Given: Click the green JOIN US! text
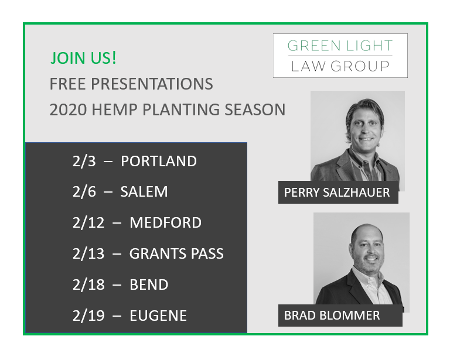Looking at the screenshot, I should [83, 58].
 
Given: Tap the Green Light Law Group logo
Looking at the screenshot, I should [340, 56].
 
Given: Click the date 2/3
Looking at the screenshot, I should [83, 161].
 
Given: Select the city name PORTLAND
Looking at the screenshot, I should [159, 161].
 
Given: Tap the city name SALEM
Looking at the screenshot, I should [144, 191].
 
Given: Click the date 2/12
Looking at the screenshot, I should [86, 222].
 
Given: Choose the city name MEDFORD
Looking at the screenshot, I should [165, 222].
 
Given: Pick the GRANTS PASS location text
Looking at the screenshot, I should [176, 253].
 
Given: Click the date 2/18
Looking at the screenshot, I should [86, 285].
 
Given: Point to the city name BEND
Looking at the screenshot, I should [149, 285].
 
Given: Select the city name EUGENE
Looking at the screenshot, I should [158, 316].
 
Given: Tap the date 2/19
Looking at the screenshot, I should [86, 316].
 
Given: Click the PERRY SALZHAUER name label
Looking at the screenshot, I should [337, 193].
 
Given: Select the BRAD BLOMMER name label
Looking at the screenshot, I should [332, 316].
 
